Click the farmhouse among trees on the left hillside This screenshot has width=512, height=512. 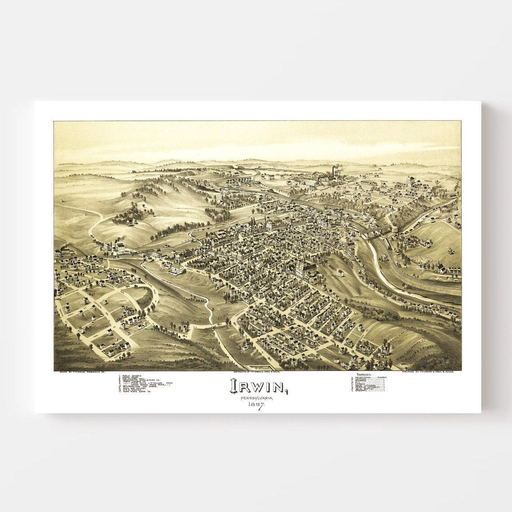click(x=130, y=221)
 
